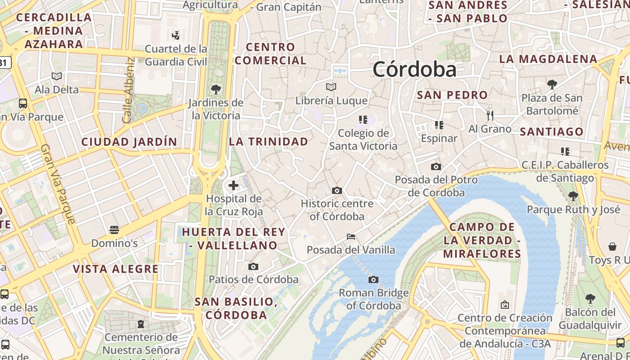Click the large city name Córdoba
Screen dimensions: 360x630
coord(414,69)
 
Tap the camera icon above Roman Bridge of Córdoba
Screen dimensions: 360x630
coord(373,280)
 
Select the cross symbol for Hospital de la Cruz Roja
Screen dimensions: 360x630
coord(234,185)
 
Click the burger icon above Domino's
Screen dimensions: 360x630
coord(114,230)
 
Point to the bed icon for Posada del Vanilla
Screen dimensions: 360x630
coord(351,237)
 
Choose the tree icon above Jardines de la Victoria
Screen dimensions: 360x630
coord(216,89)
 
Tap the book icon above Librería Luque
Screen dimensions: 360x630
coord(331,87)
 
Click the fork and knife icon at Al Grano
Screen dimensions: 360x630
coord(490,116)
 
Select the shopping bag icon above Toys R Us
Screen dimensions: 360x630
coord(612,247)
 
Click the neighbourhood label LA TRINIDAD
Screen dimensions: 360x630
coord(269,141)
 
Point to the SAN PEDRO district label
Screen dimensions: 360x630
coord(452,95)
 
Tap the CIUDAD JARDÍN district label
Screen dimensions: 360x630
coord(129,142)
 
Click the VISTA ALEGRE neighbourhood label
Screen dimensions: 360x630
coord(116,269)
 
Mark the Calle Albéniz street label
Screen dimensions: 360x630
coord(129,90)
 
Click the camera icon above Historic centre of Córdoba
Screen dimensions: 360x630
coord(337,191)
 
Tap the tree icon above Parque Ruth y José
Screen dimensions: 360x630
coord(573,196)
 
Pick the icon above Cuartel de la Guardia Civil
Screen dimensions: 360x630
coord(176,35)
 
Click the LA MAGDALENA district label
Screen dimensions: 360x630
coord(548,59)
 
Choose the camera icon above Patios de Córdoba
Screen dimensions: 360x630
coord(253,267)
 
